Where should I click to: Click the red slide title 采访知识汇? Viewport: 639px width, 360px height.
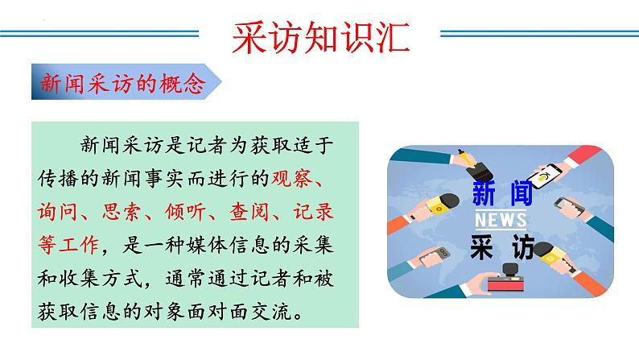click(x=319, y=35)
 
